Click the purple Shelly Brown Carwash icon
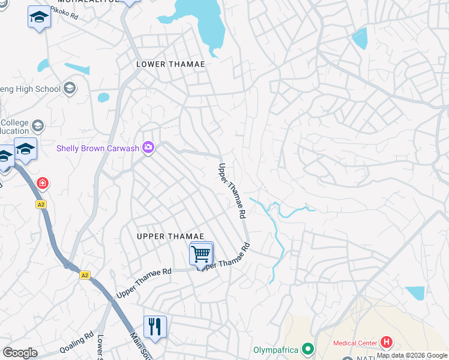148,148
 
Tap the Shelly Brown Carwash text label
98,148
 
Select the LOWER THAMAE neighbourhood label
170,64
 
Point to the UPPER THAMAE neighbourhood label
170,236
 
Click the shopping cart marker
201,254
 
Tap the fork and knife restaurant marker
155,327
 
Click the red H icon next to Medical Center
387,343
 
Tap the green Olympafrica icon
308,349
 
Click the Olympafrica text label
276,349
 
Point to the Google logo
19,353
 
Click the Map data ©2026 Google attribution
412,355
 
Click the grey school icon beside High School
70,89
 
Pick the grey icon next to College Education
38,126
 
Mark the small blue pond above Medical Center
416,292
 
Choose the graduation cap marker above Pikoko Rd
39,17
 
